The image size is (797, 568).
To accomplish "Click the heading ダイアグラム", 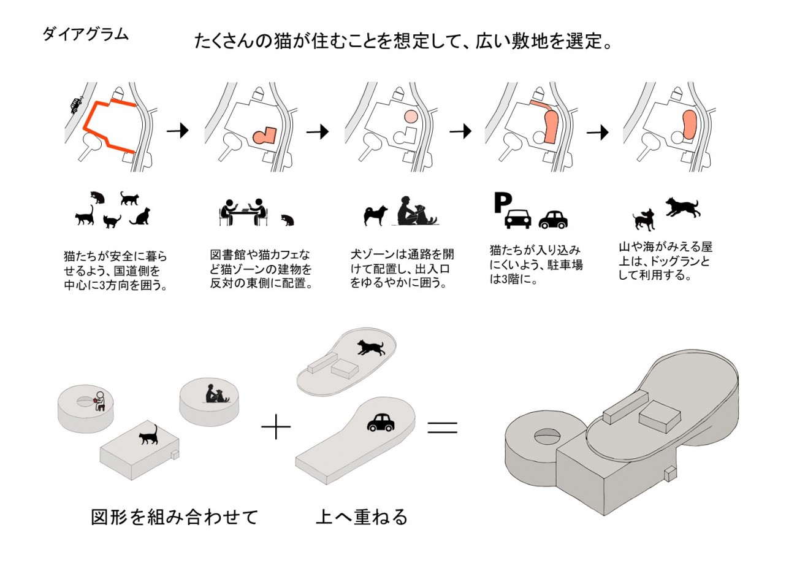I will (x=85, y=34).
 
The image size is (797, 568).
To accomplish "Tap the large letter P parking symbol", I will (x=502, y=203).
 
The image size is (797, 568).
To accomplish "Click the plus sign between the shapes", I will (x=276, y=427).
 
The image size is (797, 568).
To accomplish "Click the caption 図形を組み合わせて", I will (x=175, y=517).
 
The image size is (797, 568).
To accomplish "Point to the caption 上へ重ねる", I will (x=362, y=517).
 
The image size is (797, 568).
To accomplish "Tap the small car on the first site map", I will (x=76, y=105).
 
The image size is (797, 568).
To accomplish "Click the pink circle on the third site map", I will (x=410, y=115).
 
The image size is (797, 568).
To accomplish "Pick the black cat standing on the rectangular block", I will (x=148, y=435).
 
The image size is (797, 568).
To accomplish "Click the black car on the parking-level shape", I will (x=381, y=422).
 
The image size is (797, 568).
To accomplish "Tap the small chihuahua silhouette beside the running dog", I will (x=643, y=218).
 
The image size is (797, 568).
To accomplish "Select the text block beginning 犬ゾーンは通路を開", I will (x=402, y=269).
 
